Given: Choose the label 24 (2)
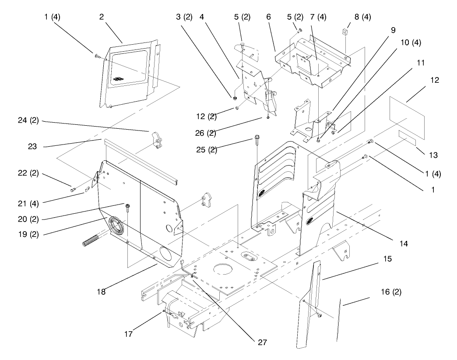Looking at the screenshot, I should coord(29,121).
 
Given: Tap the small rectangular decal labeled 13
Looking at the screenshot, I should coord(406,139).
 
